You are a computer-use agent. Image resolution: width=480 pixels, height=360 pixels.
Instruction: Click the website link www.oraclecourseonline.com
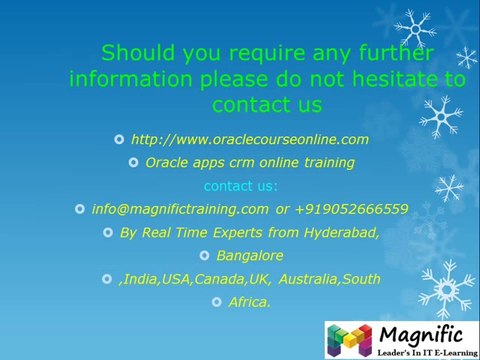[250, 139]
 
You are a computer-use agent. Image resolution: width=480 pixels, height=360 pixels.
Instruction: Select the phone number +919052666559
[351, 209]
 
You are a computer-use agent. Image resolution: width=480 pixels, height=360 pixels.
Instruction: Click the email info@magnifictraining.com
[180, 209]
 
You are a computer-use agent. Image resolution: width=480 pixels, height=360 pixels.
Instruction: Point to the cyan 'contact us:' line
[241, 186]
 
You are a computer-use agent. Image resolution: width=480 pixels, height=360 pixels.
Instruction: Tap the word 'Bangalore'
[250, 255]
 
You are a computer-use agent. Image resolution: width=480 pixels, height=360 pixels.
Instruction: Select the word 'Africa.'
[250, 301]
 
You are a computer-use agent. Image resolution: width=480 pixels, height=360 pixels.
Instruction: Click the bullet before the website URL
[119, 139]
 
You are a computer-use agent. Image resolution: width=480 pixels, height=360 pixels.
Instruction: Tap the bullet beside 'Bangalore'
[205, 255]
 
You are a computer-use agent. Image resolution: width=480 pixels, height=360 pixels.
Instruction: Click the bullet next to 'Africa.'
[217, 301]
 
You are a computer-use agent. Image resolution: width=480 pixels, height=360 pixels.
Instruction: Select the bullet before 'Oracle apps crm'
[133, 162]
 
